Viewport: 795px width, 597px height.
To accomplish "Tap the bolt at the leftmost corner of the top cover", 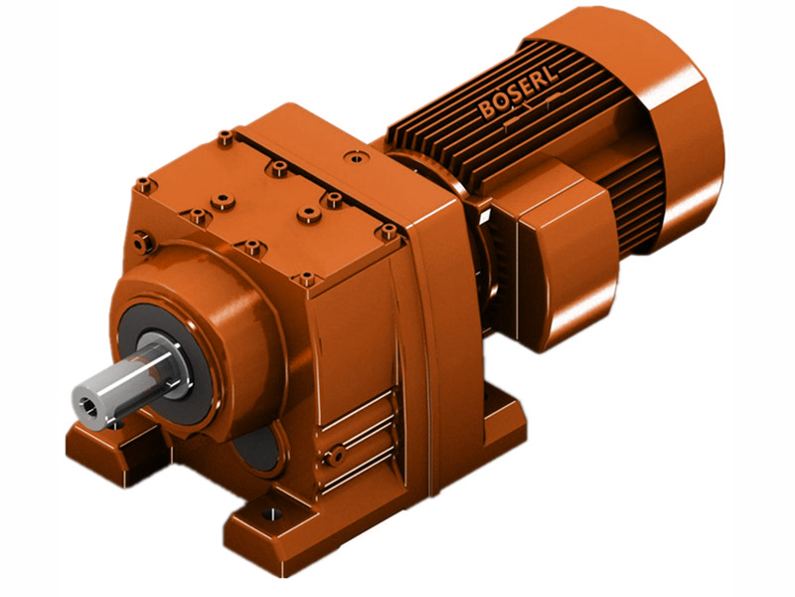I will (145, 184).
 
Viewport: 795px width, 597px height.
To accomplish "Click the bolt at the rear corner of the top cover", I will (226, 135).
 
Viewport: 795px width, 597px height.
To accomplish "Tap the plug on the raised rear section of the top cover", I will (354, 156).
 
